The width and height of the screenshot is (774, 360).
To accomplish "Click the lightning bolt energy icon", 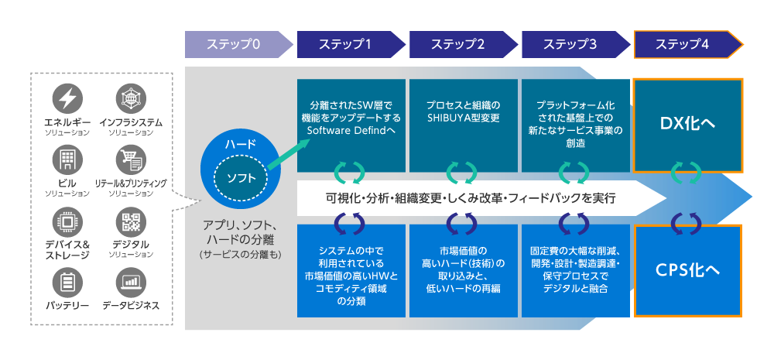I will click(x=67, y=98).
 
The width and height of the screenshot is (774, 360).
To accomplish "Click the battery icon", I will click(x=67, y=282).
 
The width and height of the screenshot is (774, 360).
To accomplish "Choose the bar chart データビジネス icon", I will click(x=130, y=282).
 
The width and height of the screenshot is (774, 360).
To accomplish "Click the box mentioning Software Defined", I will click(x=351, y=124).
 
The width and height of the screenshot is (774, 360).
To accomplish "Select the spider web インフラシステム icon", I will click(x=130, y=98).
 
